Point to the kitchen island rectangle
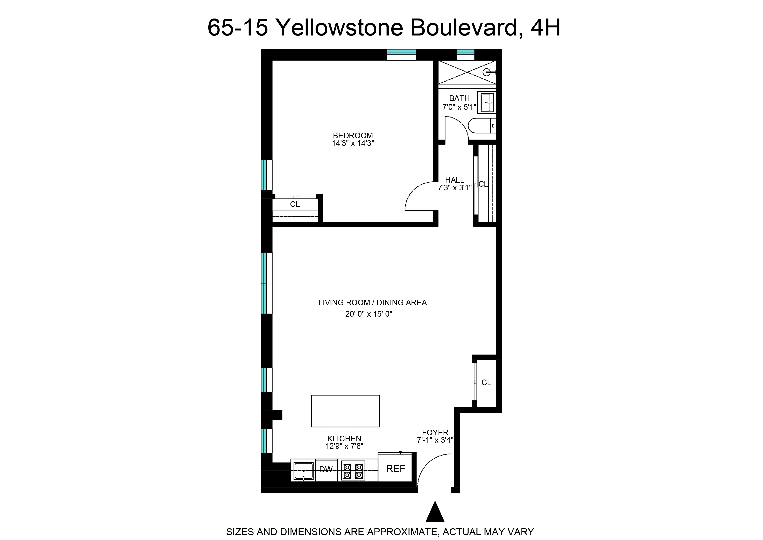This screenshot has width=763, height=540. click(345, 411)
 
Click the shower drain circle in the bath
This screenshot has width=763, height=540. click(486, 72)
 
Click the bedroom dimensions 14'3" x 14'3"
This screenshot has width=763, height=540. click(353, 143)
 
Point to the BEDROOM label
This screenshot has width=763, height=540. click(353, 135)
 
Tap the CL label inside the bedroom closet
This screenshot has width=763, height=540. click(295, 204)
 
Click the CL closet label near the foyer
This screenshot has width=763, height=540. click(486, 382)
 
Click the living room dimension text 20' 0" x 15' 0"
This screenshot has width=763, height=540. click(368, 314)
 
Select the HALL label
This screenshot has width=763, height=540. click(454, 180)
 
